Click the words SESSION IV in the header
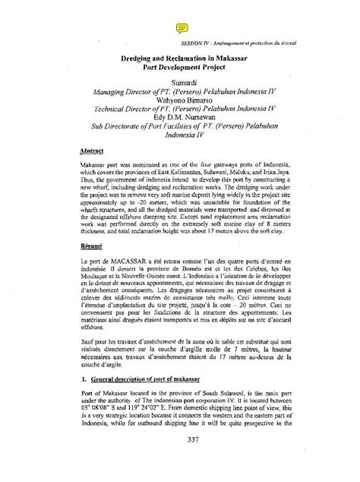(193, 44)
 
